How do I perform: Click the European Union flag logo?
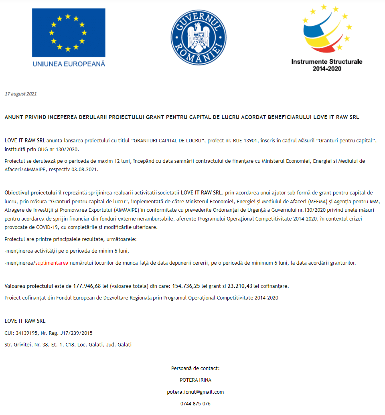pyautogui.click(x=69, y=32)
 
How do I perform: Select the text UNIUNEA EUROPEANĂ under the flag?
pyautogui.click(x=69, y=63)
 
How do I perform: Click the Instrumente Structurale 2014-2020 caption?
pyautogui.click(x=327, y=65)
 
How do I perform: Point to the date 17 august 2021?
pyautogui.click(x=20, y=94)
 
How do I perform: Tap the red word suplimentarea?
pyautogui.click(x=52, y=263)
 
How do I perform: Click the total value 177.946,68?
pyautogui.click(x=87, y=286)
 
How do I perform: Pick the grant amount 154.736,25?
pyautogui.click(x=186, y=286)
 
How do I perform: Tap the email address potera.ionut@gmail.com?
pyautogui.click(x=195, y=392)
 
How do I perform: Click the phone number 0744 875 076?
pyautogui.click(x=195, y=403)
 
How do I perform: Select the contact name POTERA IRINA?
pyautogui.click(x=195, y=380)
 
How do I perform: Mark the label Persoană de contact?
pyautogui.click(x=195, y=368)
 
